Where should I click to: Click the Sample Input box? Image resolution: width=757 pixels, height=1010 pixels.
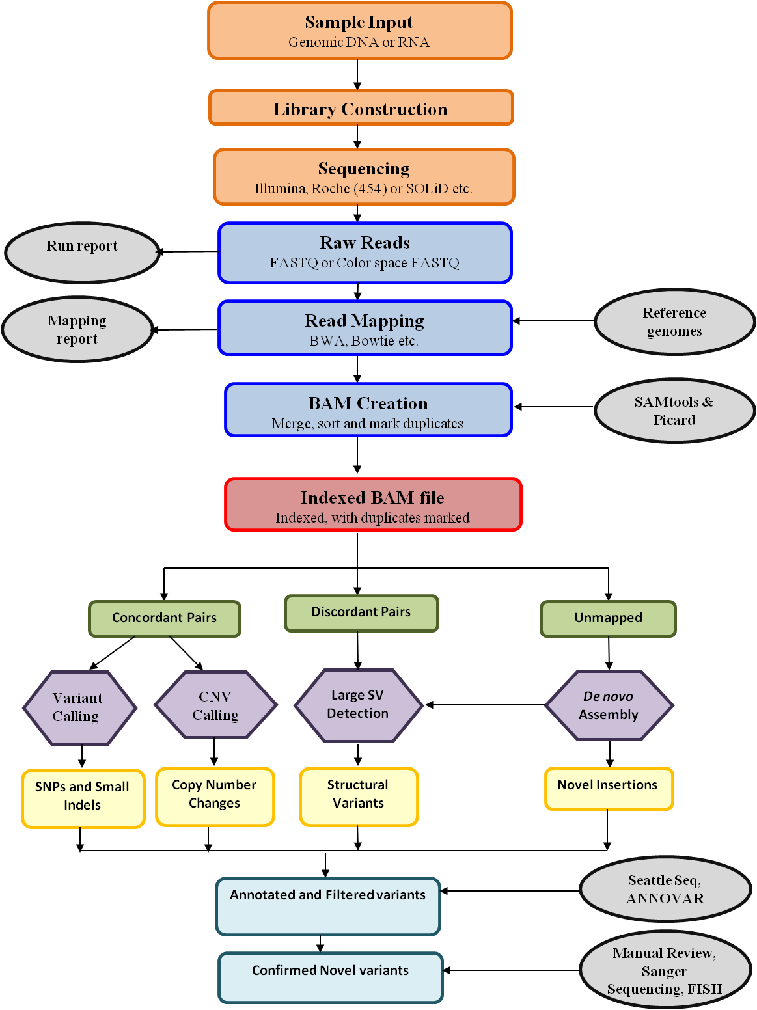click(359, 31)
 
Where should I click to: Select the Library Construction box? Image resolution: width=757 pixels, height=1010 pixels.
click(361, 108)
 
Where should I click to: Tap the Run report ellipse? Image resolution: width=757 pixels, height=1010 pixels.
click(82, 252)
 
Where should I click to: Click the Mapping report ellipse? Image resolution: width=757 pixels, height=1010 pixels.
click(77, 329)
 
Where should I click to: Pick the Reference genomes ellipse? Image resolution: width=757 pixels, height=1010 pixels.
click(674, 321)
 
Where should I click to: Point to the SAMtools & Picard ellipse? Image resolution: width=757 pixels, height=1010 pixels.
click(674, 411)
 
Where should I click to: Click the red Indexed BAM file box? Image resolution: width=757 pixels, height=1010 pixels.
click(373, 505)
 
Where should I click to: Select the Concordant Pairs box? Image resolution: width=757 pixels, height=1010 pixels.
click(165, 618)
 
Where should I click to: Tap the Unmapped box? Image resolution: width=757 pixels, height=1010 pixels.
click(608, 618)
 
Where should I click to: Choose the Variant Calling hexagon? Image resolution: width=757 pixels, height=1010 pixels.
click(79, 707)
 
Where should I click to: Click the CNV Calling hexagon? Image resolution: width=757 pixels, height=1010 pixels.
click(215, 705)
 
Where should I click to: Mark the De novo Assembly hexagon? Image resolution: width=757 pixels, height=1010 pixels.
click(609, 705)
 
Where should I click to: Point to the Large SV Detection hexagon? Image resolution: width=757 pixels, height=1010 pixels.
click(358, 705)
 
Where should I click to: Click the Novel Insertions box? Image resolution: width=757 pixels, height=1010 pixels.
click(608, 788)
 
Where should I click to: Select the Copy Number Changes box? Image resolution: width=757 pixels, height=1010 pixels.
click(215, 796)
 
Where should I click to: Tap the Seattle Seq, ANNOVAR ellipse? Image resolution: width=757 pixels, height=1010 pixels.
click(665, 889)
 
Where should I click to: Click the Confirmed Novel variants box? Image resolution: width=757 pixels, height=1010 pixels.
click(331, 977)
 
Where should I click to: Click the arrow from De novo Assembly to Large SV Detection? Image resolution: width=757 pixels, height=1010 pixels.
click(485, 705)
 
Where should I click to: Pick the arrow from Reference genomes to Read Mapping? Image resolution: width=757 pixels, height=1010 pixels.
click(553, 321)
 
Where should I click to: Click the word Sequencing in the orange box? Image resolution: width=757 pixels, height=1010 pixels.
click(364, 169)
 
